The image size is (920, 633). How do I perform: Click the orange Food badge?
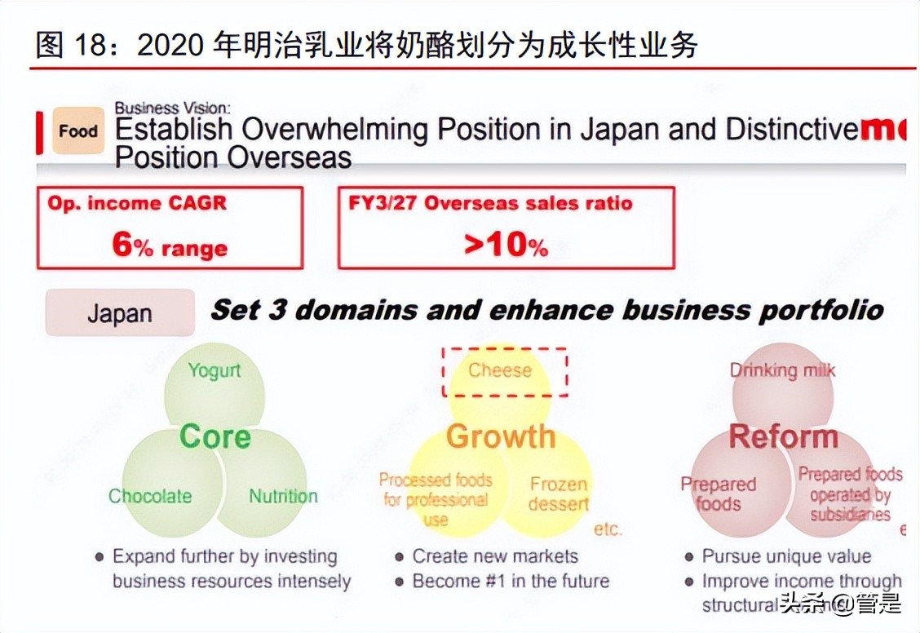[78, 131]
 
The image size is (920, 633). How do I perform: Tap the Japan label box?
[120, 313]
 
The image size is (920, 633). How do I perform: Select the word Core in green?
[215, 436]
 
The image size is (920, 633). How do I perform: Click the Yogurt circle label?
[215, 370]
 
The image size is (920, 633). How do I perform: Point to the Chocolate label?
[150, 496]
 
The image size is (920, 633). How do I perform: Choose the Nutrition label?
[283, 496]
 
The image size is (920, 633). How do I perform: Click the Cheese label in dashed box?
[500, 370]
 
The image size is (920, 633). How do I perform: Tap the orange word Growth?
[500, 436]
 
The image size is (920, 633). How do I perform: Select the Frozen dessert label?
[559, 494]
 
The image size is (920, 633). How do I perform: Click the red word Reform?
[783, 436]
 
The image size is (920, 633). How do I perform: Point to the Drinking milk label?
[782, 370]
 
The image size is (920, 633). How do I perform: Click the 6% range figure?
[170, 246]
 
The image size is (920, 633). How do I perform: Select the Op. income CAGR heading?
[137, 204]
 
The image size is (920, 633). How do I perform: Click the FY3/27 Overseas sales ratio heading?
[491, 204]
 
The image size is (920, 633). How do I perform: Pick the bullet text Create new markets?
[495, 556]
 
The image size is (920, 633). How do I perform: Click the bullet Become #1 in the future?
[511, 581]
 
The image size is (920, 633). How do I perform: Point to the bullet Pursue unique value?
[786, 556]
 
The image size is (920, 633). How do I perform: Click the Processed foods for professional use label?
[436, 498]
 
